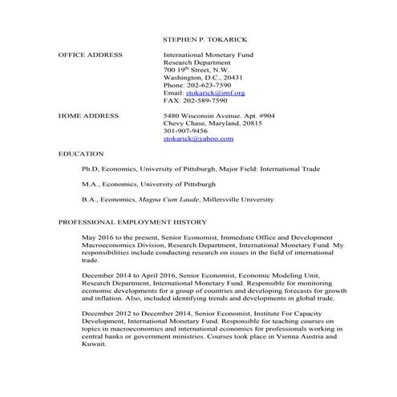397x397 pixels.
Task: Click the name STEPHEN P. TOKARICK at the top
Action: coord(197,38)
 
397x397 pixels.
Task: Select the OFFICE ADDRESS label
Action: coord(91,55)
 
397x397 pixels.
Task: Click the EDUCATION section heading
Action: coord(81,152)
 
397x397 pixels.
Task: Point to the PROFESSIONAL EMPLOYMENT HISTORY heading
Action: coord(133,221)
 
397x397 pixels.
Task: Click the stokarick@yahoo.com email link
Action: coord(198,138)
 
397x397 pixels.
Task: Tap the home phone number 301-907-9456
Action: coord(184,131)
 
